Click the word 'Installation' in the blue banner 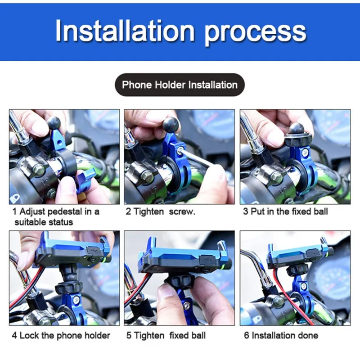125,31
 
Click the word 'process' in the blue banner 255,33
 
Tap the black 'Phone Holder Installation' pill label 180,85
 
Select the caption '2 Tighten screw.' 160,211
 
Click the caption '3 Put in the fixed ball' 285,211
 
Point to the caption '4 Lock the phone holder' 61,335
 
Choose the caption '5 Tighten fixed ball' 166,335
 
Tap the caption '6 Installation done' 281,335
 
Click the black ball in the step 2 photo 171,126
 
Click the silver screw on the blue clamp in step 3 305,153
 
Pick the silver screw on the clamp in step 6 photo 303,286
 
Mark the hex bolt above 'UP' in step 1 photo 38,170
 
